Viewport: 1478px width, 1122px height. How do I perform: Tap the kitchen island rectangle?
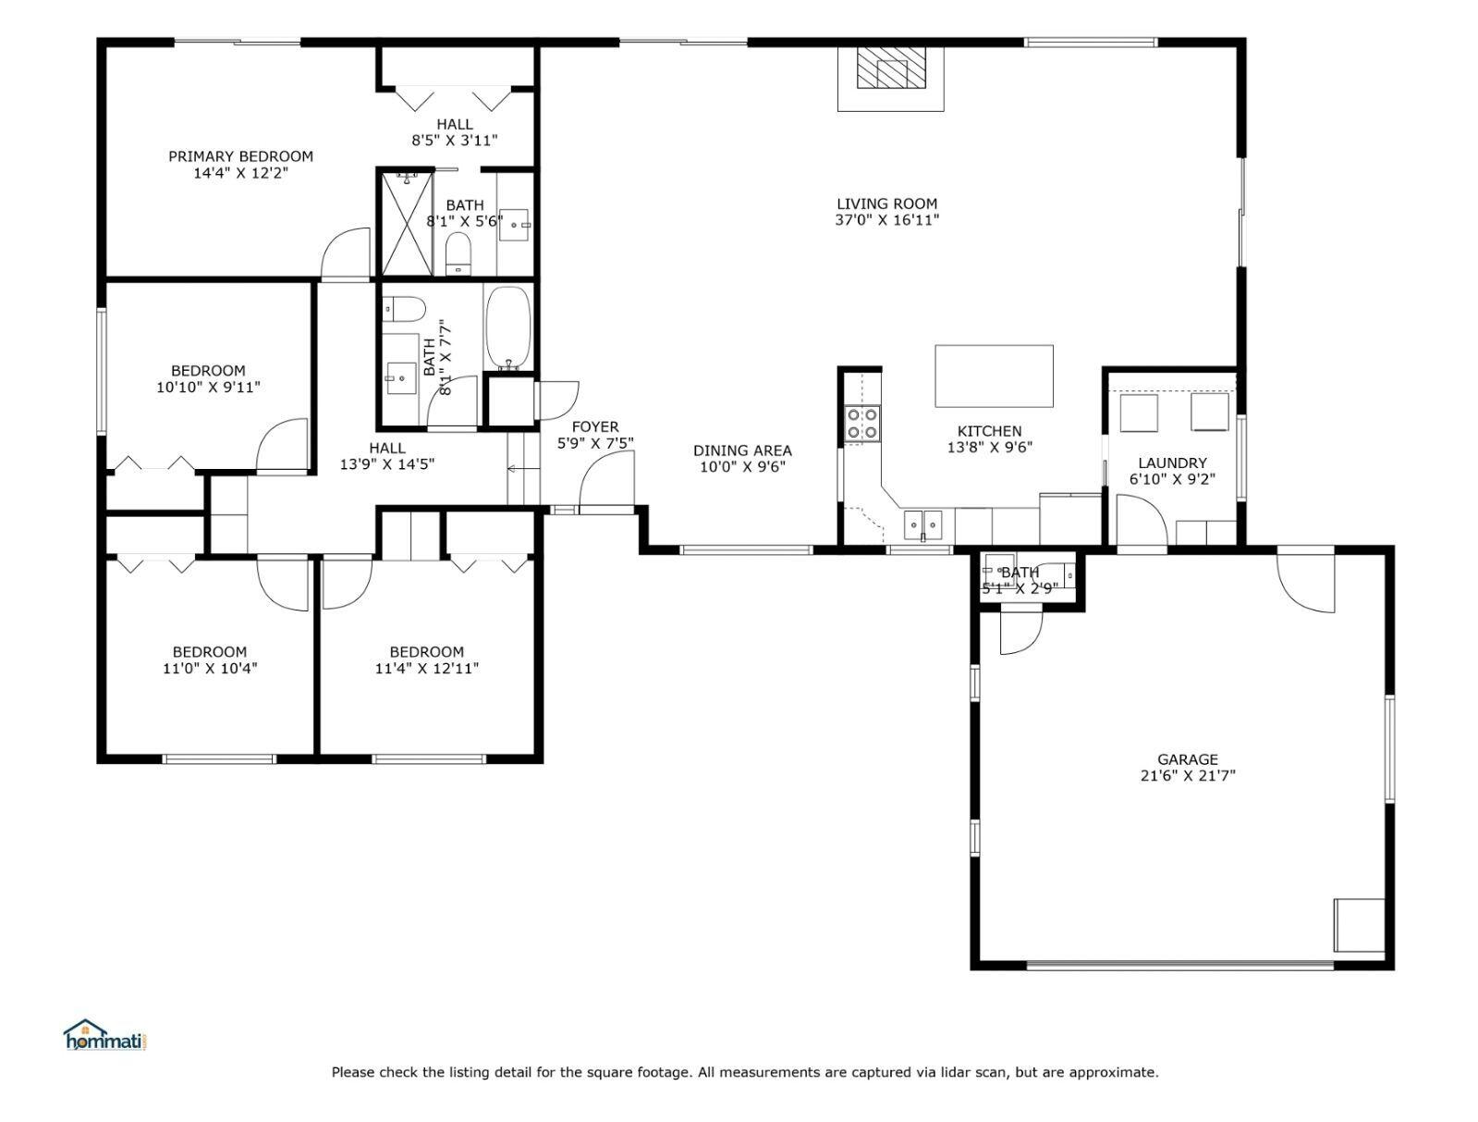[994, 376]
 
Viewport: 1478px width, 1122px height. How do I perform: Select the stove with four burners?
[863, 424]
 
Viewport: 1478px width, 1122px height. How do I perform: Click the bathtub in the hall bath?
[507, 327]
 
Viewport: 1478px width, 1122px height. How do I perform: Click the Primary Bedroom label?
[240, 156]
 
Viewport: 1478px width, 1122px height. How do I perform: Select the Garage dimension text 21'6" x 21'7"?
[1188, 776]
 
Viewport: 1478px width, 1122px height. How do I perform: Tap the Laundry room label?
[1172, 462]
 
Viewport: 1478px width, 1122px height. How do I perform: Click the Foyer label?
[594, 426]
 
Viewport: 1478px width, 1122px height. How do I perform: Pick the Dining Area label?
[742, 450]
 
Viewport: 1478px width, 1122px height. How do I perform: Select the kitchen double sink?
[922, 524]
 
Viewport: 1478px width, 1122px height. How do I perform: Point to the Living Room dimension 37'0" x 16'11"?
[887, 220]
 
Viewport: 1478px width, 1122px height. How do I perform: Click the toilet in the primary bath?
[458, 253]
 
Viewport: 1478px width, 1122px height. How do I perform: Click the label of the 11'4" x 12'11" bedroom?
[426, 651]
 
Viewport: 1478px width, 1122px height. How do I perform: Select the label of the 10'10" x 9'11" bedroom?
[208, 371]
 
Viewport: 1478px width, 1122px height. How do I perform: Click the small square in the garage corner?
[1359, 925]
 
